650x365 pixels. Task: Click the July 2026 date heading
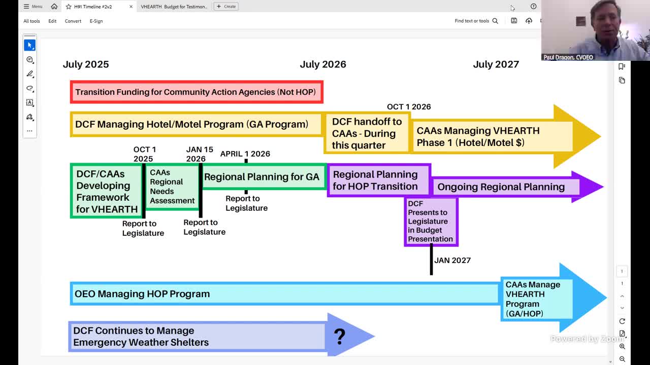coord(323,64)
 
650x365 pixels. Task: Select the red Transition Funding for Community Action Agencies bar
coord(196,92)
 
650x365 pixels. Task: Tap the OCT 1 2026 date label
coord(409,106)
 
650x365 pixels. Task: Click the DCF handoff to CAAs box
coord(367,133)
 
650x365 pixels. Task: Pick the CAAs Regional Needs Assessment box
coord(172,187)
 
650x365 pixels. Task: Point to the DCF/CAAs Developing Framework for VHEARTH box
coord(107,191)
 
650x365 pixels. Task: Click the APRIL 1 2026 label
coord(245,154)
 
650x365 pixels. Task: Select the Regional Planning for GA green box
coord(262,177)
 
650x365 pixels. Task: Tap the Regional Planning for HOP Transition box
coord(376,180)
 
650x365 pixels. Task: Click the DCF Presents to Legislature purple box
coord(431,222)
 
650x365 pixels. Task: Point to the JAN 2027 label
coord(452,260)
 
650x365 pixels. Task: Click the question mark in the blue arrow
coord(340,336)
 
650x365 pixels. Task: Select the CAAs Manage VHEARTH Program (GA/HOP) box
coord(533,299)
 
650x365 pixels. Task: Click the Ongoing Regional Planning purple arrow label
coord(501,187)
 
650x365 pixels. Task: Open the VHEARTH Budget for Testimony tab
coord(174,7)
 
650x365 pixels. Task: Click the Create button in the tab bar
coord(226,7)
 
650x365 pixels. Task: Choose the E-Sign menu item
coord(96,21)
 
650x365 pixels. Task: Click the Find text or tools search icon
coord(495,21)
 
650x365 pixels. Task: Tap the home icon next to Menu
coord(54,7)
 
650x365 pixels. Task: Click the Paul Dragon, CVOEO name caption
coord(568,57)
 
